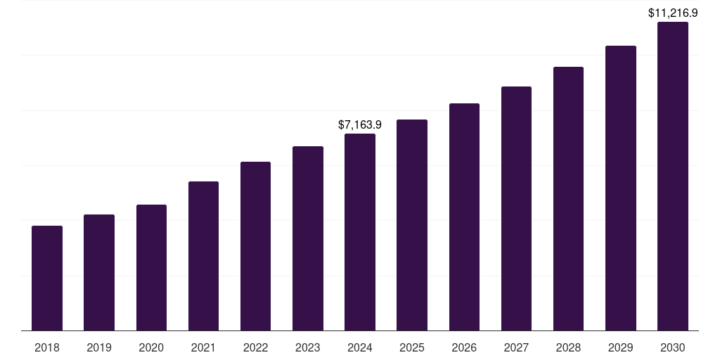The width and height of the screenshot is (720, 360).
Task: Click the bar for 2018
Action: pyautogui.click(x=47, y=278)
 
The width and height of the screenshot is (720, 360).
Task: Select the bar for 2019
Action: pyautogui.click(x=99, y=272)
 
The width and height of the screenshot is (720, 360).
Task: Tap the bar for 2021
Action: pyautogui.click(x=203, y=256)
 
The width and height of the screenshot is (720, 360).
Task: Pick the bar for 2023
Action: pyautogui.click(x=308, y=238)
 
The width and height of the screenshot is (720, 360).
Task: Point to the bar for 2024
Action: pyautogui.click(x=360, y=232)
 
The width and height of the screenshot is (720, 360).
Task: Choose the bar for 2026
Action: pyautogui.click(x=464, y=217)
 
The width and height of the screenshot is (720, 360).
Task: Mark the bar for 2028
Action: pyautogui.click(x=568, y=198)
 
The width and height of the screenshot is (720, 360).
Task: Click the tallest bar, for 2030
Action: pyautogui.click(x=673, y=176)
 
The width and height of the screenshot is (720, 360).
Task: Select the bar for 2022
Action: pyautogui.click(x=255, y=246)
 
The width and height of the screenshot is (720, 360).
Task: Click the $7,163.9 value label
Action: pyautogui.click(x=360, y=124)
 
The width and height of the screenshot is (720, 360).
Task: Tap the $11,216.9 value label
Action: pyautogui.click(x=673, y=13)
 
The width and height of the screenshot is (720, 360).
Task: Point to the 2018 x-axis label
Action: pyautogui.click(x=47, y=347)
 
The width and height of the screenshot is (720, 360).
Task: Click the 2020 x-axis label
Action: pyautogui.click(x=151, y=347)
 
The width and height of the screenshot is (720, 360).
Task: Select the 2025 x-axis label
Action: pyautogui.click(x=412, y=347)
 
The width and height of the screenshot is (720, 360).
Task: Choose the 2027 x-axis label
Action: pyautogui.click(x=516, y=347)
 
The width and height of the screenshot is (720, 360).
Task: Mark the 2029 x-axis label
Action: pyautogui.click(x=621, y=347)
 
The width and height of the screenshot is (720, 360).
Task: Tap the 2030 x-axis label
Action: pyautogui.click(x=673, y=347)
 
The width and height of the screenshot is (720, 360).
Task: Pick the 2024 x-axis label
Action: pyautogui.click(x=360, y=347)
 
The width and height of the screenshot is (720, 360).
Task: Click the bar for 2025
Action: pyautogui.click(x=412, y=225)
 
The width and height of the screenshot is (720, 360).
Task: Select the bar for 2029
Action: pyautogui.click(x=621, y=188)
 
